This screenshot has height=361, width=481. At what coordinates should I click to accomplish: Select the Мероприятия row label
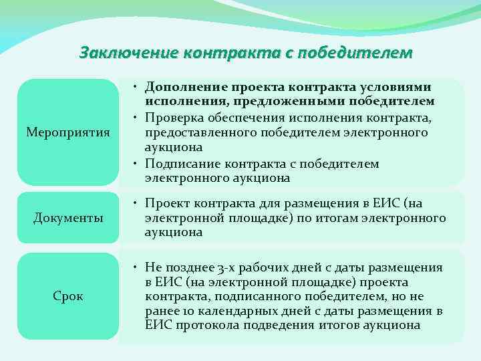coord(67,132)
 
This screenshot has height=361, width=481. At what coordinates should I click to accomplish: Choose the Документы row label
coord(67,217)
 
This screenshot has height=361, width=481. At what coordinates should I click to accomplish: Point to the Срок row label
coord(67,295)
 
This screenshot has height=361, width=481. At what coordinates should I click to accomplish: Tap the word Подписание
coord(182,164)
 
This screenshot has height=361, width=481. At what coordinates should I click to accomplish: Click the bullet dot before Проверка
coord(136,118)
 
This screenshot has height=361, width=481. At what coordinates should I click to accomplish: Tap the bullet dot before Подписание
coord(136,164)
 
